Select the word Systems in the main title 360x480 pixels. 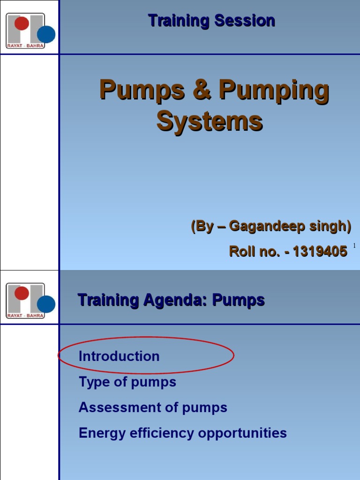click(210, 121)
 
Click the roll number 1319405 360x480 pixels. click(320, 251)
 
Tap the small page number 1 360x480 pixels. click(354, 246)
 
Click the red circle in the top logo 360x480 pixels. click(22, 22)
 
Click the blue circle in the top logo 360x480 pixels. click(46, 34)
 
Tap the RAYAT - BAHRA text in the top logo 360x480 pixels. click(25, 45)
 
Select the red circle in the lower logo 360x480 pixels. click(22, 293)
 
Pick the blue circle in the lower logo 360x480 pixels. click(46, 304)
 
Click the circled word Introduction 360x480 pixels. click(119, 356)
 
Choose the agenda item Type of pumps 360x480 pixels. click(127, 382)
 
